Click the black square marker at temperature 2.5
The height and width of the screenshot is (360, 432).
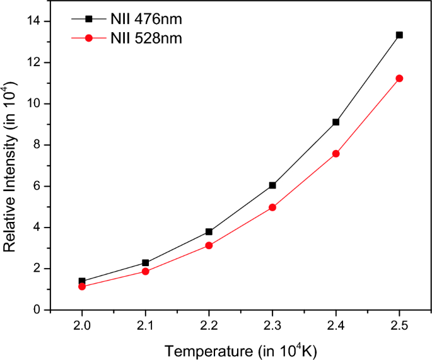(x=399, y=35)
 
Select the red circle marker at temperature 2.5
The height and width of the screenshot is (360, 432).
(x=399, y=78)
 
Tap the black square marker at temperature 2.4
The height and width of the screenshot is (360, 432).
(x=336, y=122)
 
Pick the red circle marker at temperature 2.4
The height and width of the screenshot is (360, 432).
(x=336, y=153)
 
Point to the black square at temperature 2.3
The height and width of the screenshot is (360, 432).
(x=272, y=185)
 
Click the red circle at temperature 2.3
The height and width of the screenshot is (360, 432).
(x=272, y=207)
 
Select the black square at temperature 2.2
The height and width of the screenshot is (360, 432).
(x=209, y=231)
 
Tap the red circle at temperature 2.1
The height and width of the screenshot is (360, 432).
(x=146, y=271)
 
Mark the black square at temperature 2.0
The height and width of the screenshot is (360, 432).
(x=82, y=281)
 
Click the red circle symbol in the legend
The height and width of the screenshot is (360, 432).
(x=89, y=38)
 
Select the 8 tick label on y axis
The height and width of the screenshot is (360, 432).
(x=37, y=145)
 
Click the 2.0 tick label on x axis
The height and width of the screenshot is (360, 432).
(x=82, y=325)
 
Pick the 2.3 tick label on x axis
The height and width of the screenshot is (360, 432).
(x=272, y=325)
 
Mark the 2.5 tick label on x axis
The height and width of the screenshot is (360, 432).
(x=399, y=325)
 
